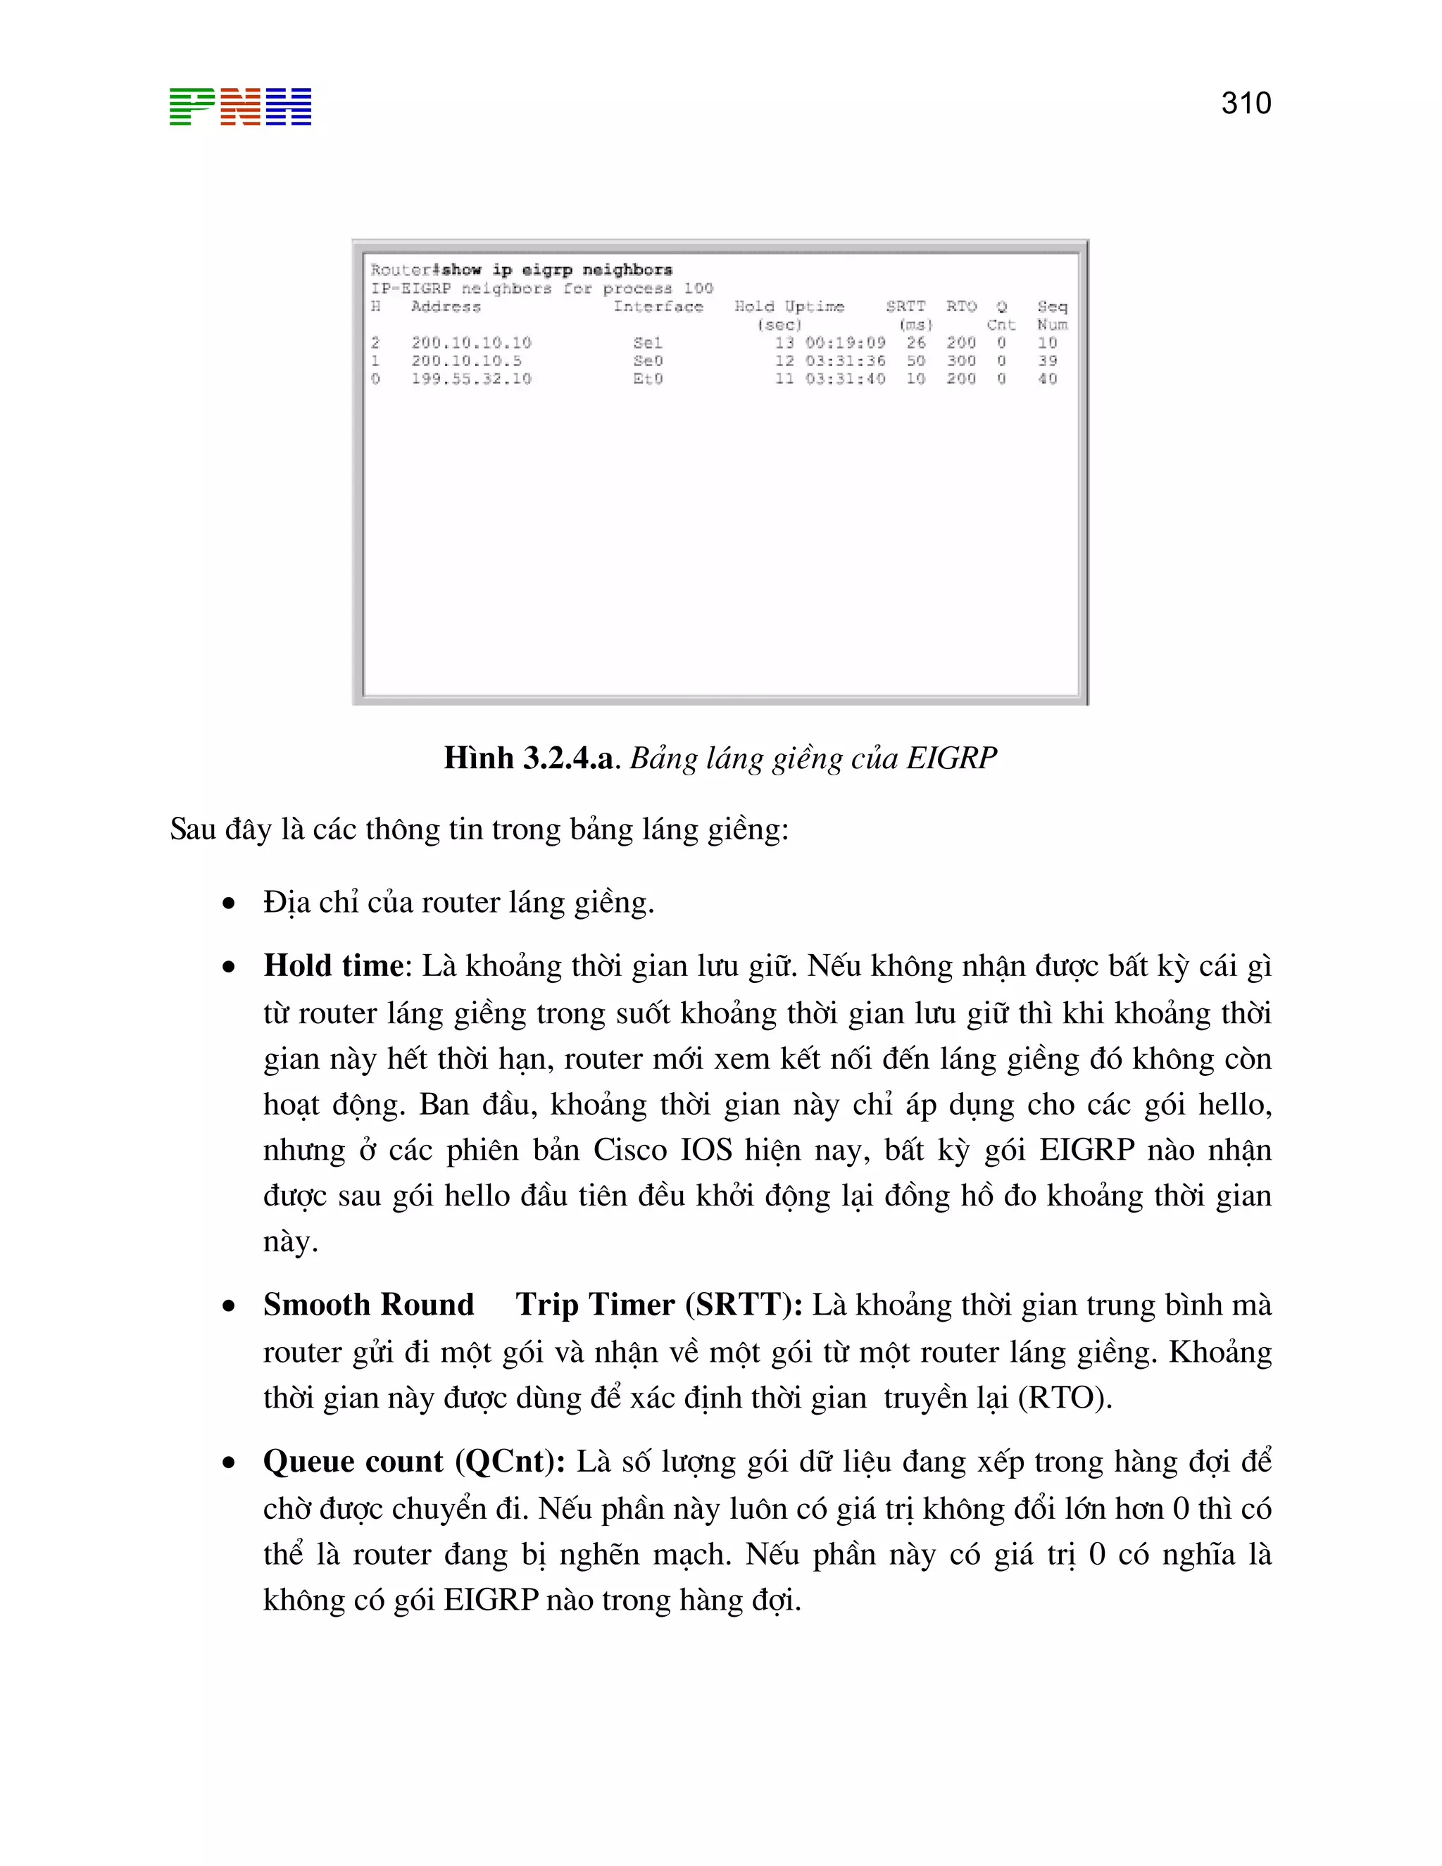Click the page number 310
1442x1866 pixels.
click(x=1246, y=104)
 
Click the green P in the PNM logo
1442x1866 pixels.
click(x=192, y=107)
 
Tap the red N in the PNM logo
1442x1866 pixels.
click(x=240, y=107)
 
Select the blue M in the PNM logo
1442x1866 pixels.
click(x=289, y=107)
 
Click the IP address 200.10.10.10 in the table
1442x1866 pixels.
click(x=472, y=343)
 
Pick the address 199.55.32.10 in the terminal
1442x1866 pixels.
click(x=472, y=379)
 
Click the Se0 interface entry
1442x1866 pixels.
click(x=648, y=361)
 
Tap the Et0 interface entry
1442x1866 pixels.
click(x=648, y=379)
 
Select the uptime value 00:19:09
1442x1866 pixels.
click(x=845, y=343)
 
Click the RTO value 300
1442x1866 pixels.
click(x=961, y=361)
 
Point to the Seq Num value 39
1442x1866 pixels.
click(x=1047, y=361)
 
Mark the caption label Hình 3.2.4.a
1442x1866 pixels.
click(x=528, y=758)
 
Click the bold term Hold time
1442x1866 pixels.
click(x=333, y=965)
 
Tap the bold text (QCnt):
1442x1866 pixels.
click(x=509, y=1461)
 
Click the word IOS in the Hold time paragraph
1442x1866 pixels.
click(x=706, y=1150)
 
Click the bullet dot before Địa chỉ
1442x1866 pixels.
click(x=228, y=903)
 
